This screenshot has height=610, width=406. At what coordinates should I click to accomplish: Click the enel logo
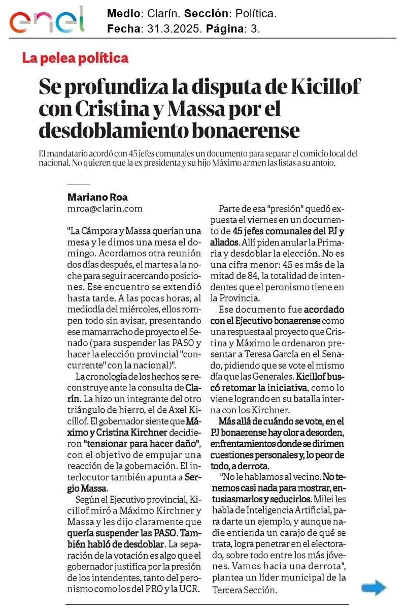[x=47, y=21]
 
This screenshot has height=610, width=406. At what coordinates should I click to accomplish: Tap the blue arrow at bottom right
[x=374, y=589]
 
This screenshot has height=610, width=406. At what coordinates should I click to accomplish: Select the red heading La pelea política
[x=75, y=58]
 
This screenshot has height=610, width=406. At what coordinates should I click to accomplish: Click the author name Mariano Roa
[x=97, y=197]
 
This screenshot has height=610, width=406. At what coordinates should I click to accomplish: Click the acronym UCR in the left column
[x=189, y=589]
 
